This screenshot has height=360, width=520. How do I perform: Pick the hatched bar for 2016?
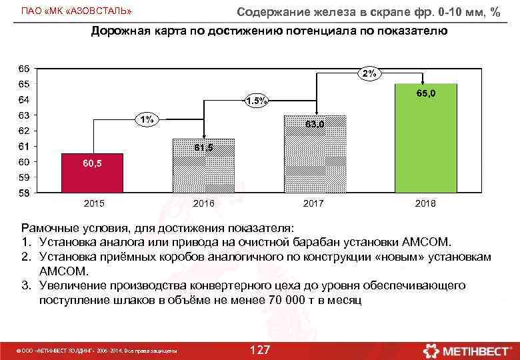coord(203,167)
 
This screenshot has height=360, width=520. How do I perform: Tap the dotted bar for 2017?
coord(314,155)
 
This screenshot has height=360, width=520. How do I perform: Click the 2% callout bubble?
coord(369,74)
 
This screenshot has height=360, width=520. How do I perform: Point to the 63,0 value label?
coord(314,124)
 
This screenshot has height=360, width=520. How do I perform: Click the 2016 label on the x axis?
coord(203,203)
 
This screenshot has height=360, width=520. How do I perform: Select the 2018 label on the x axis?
coord(425,203)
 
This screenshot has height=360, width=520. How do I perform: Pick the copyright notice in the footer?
coord(97,351)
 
